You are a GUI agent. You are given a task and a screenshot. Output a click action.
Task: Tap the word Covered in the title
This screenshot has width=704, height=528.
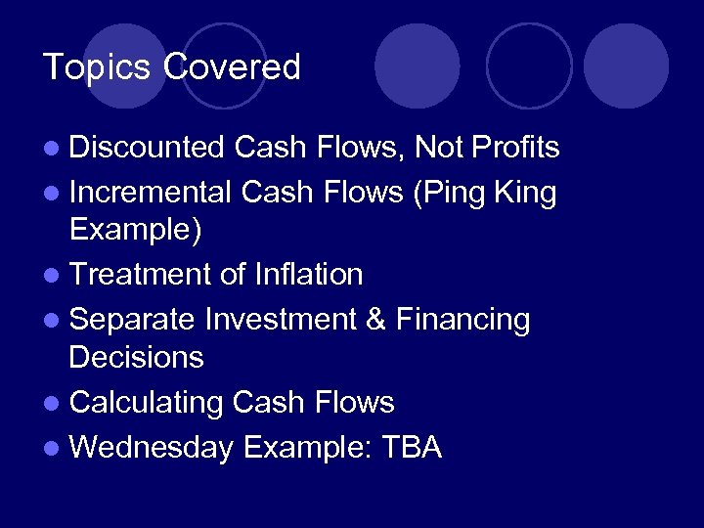[232, 67]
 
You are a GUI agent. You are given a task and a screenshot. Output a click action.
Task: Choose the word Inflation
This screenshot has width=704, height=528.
[308, 275]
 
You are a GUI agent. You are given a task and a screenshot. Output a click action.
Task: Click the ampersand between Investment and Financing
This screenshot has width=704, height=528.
[375, 320]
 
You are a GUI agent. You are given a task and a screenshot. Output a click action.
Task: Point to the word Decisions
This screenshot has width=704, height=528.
[136, 358]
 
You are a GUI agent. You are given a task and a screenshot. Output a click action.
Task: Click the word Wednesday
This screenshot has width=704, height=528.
[152, 447]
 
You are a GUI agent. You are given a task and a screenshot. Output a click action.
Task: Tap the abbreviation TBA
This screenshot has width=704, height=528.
[412, 447]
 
